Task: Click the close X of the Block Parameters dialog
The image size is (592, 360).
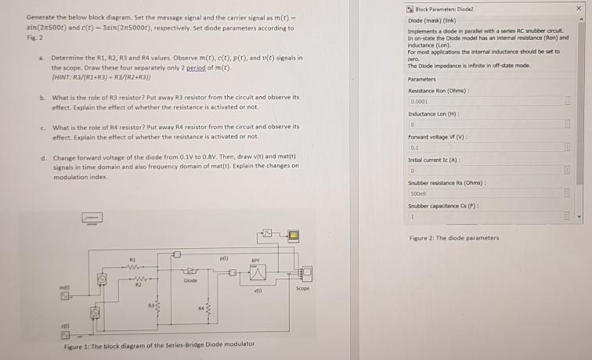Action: [x=580, y=8]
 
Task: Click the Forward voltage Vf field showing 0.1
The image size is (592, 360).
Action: [x=486, y=146]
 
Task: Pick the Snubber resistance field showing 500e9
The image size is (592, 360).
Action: [x=486, y=193]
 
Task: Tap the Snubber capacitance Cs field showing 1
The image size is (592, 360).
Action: [x=486, y=215]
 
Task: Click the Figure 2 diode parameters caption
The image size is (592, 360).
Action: [x=453, y=238]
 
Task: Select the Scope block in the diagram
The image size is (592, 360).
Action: [x=306, y=273]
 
